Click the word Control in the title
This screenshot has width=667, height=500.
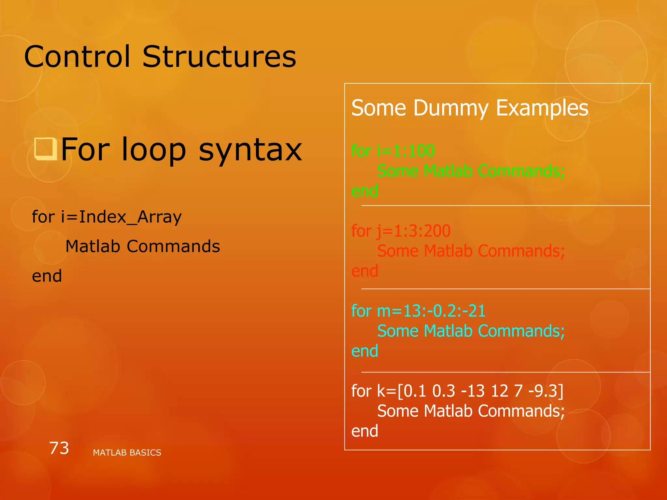pyautogui.click(x=77, y=57)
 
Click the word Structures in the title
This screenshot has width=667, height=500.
pyautogui.click(x=219, y=57)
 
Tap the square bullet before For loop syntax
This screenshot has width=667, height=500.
pyautogui.click(x=46, y=149)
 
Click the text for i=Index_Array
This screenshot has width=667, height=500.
pyautogui.click(x=106, y=217)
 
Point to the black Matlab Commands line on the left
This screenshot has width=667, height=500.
pyautogui.click(x=143, y=246)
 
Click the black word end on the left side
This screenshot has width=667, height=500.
pyautogui.click(x=47, y=276)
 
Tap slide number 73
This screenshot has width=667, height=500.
pyautogui.click(x=59, y=448)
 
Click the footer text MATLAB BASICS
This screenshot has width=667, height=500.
pyautogui.click(x=127, y=452)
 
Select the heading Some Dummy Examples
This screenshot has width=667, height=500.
pyautogui.click(x=470, y=108)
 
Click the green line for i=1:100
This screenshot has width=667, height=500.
pyautogui.click(x=393, y=151)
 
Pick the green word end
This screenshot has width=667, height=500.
pyautogui.click(x=364, y=191)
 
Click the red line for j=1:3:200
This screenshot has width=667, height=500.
pyautogui.click(x=401, y=231)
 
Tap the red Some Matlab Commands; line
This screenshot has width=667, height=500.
pyautogui.click(x=471, y=251)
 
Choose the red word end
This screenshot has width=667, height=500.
pyautogui.click(x=364, y=271)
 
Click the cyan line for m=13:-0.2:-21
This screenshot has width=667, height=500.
pyautogui.click(x=418, y=311)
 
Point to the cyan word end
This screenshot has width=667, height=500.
pyautogui.click(x=364, y=351)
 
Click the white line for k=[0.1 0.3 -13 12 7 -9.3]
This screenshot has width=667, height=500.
pyautogui.click(x=457, y=391)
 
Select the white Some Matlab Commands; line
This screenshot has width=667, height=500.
pyautogui.click(x=471, y=411)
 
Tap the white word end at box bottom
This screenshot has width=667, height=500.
pyautogui.click(x=364, y=431)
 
